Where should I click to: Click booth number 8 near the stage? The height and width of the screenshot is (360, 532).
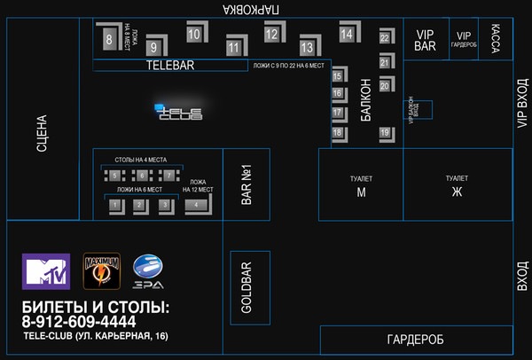pyautogui.click(x=108, y=39)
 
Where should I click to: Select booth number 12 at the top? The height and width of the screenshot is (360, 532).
pyautogui.click(x=271, y=35)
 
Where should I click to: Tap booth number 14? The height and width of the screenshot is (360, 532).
pyautogui.click(x=346, y=35)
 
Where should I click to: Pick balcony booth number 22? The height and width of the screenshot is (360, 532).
pyautogui.click(x=385, y=38)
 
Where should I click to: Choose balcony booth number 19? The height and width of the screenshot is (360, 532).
pyautogui.click(x=385, y=132)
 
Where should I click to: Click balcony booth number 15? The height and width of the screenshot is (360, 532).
pyautogui.click(x=338, y=77)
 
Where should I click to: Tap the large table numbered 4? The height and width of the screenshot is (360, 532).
pyautogui.click(x=196, y=205)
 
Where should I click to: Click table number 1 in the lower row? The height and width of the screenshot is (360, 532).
pyautogui.click(x=114, y=205)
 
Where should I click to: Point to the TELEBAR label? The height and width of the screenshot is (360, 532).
pyautogui.click(x=169, y=66)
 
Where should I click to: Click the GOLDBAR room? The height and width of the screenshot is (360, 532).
pyautogui.click(x=248, y=286)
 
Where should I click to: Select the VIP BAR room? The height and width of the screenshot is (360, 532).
pyautogui.click(x=425, y=40)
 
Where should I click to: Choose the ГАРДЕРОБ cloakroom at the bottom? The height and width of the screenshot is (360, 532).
pyautogui.click(x=414, y=340)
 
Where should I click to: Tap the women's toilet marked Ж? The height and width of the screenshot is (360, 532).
pyautogui.click(x=458, y=184)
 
